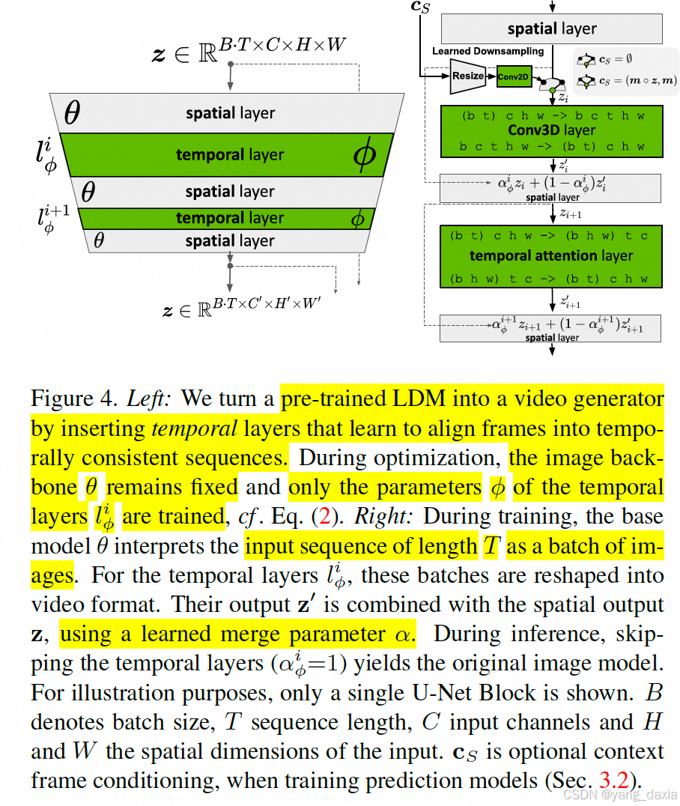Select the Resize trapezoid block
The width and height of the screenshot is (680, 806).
[468, 76]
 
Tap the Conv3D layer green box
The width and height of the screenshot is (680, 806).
[552, 131]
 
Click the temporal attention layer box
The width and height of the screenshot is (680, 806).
[552, 256]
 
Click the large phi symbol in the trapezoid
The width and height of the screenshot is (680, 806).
[365, 155]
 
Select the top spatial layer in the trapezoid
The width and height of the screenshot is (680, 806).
[230, 114]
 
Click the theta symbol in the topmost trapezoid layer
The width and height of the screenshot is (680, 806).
[72, 113]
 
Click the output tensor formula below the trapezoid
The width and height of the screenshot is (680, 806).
[243, 307]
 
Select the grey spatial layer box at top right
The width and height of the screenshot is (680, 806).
[552, 29]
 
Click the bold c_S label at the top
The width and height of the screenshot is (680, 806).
[421, 7]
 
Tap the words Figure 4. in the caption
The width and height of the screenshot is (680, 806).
[73, 399]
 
